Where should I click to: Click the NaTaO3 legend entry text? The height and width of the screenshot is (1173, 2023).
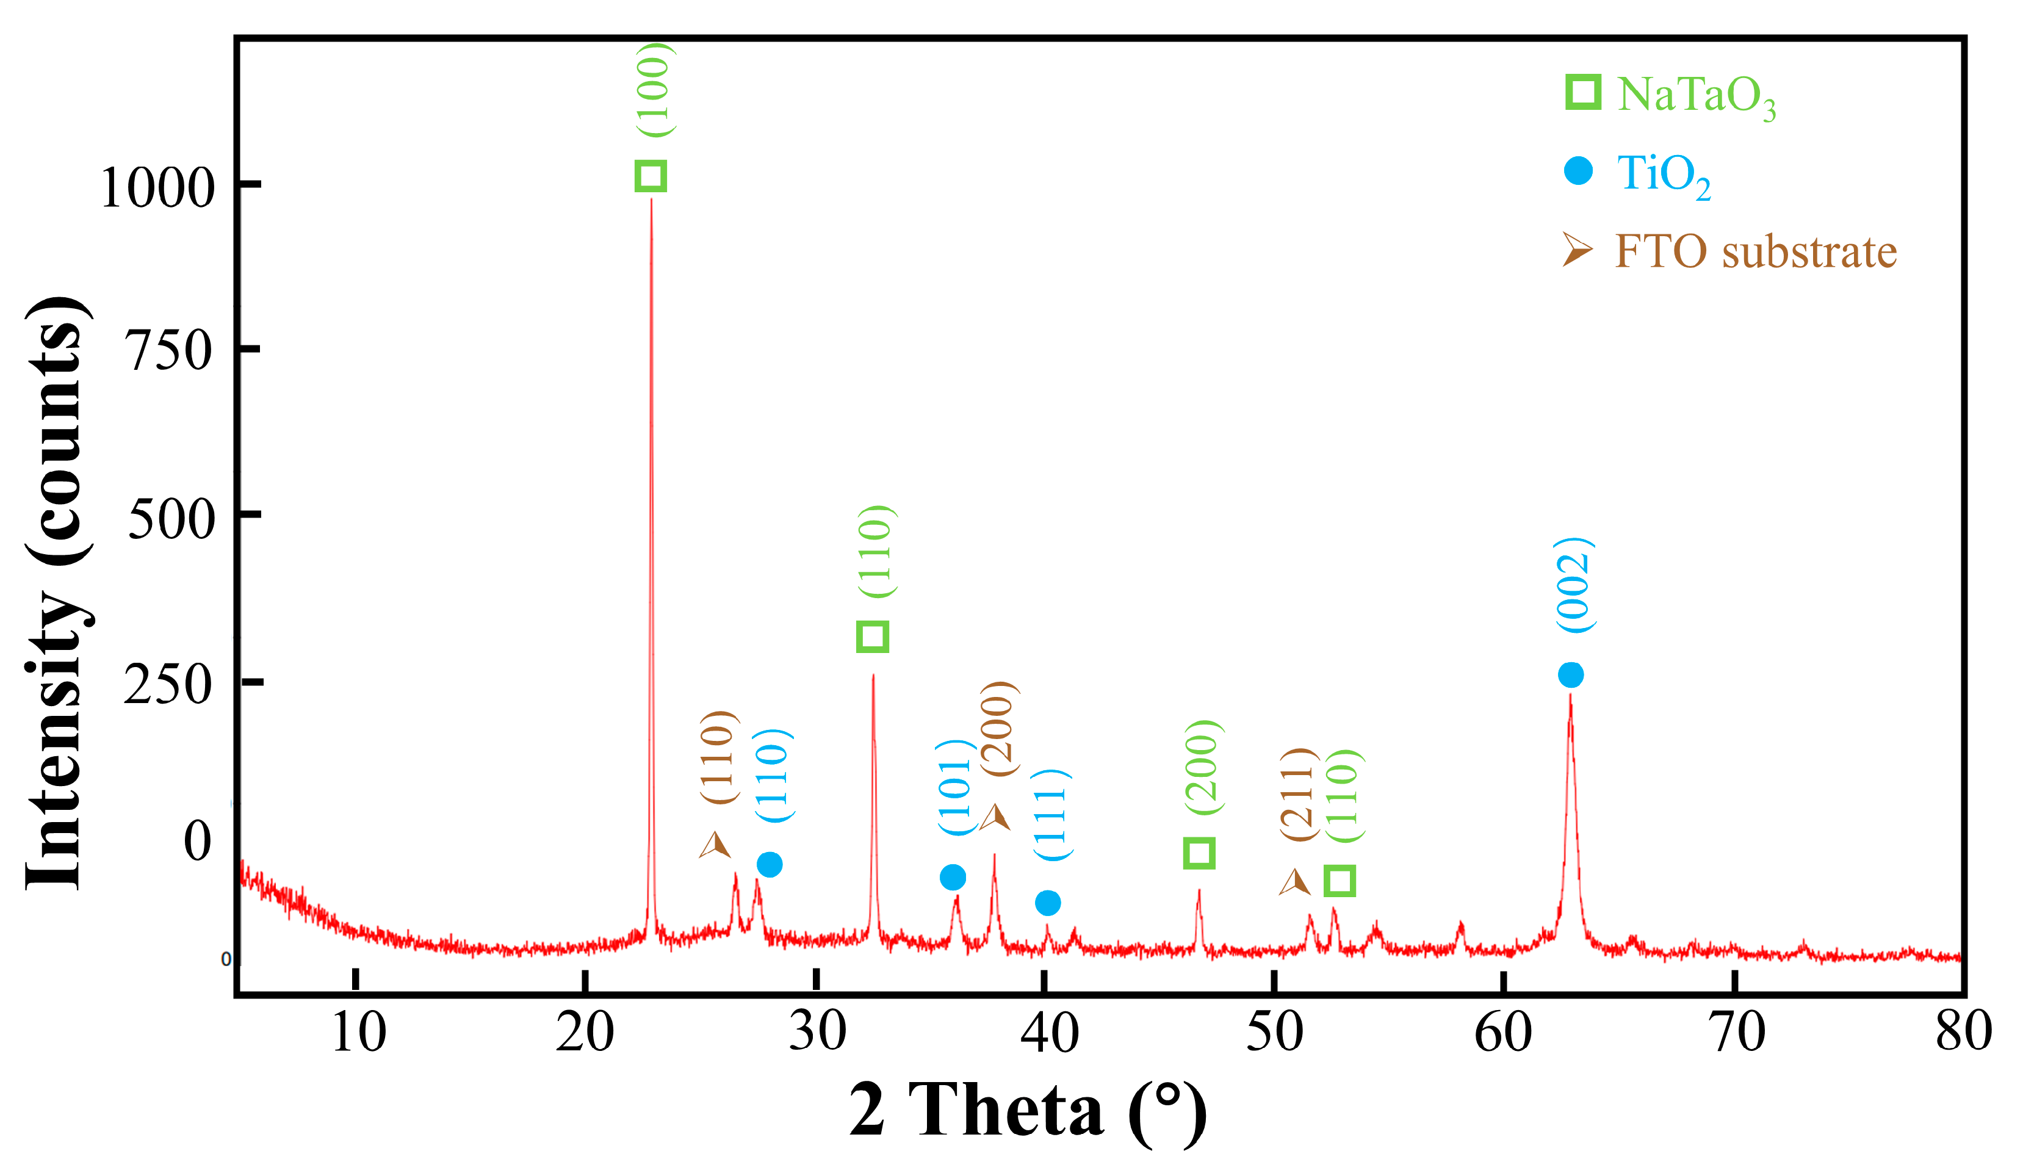click(1695, 96)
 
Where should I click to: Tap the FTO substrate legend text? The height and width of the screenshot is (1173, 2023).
click(1756, 251)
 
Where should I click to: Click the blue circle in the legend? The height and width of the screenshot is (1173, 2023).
click(1578, 171)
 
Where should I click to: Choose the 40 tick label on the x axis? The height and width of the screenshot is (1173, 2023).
click(1049, 1033)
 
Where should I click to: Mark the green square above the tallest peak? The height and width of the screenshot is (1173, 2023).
click(651, 176)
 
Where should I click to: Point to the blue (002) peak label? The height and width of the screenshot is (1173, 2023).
click(1573, 585)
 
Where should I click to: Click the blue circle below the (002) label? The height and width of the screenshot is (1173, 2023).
click(1571, 675)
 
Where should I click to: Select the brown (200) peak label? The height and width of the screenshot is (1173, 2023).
click(998, 729)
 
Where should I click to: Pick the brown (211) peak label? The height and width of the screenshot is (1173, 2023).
click(1298, 794)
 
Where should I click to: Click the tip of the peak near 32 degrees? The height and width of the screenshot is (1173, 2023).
click(873, 676)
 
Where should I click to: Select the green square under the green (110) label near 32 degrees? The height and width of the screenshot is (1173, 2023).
click(873, 637)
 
